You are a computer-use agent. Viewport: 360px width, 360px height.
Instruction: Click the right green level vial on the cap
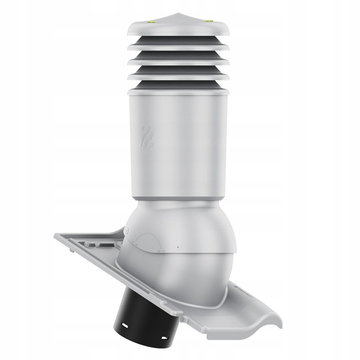pos(208,21)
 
